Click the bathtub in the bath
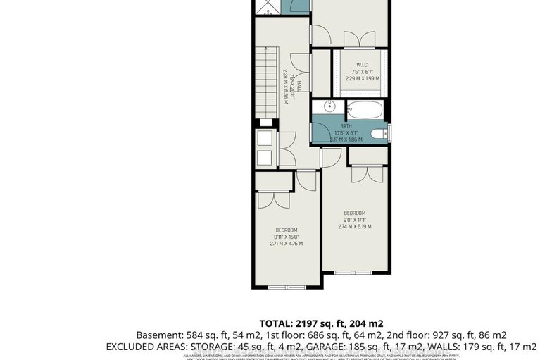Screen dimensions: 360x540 365,111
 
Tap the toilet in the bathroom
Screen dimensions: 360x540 378,134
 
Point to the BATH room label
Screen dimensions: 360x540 351,126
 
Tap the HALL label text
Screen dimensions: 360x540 299,86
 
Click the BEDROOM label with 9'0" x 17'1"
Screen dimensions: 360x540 354,213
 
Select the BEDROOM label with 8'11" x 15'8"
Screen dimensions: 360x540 287,230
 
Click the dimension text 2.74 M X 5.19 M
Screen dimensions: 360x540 354,226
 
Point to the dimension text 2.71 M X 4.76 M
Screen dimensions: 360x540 287,244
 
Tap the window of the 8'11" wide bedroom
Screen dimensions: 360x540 287,287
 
